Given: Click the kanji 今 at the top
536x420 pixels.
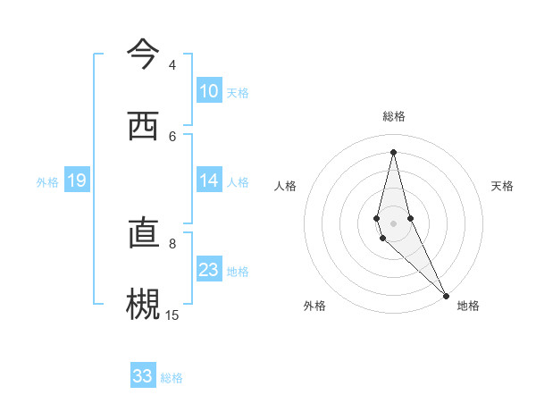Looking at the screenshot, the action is (143, 55).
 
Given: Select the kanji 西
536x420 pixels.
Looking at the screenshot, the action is (143, 126).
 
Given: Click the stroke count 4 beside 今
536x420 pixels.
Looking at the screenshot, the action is (172, 65).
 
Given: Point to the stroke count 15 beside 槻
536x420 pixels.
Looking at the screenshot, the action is (172, 315).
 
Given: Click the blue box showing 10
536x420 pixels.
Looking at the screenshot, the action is (209, 91).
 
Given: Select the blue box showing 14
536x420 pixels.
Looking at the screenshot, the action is (209, 181).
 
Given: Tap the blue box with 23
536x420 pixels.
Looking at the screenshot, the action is (209, 270).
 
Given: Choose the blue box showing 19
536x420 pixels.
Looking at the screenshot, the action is (77, 181).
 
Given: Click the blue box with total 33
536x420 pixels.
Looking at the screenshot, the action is (143, 376).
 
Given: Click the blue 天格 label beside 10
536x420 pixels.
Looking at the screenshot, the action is (238, 93).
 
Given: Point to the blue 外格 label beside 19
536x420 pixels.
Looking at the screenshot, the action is (47, 182).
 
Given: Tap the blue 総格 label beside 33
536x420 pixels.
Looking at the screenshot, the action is (172, 378).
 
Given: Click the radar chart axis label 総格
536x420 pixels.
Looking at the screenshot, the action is (393, 116).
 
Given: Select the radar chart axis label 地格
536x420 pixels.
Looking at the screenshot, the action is (468, 306).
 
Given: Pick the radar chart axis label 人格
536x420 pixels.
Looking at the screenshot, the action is (285, 186).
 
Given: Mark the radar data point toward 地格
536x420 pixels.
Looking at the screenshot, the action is (446, 295).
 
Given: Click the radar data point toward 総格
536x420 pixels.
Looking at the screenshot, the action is (393, 151).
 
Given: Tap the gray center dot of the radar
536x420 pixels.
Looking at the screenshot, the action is (393, 223).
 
